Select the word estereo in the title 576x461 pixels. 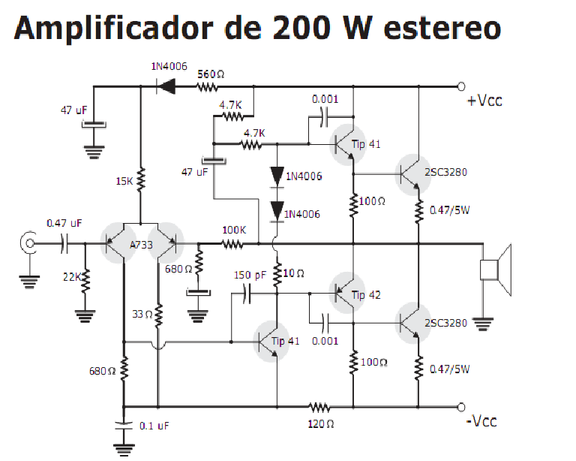[x=442, y=28]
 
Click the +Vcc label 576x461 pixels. [x=484, y=101]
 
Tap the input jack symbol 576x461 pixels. [x=29, y=243]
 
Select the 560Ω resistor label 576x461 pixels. [x=211, y=74]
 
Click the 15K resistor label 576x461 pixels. [x=124, y=181]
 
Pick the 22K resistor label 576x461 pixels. [x=72, y=277]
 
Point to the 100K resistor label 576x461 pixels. [x=233, y=230]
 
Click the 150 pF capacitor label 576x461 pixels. [x=250, y=276]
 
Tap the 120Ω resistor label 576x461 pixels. [x=320, y=424]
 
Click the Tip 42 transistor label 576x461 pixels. [x=367, y=295]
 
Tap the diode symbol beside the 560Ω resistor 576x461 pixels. [x=166, y=86]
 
